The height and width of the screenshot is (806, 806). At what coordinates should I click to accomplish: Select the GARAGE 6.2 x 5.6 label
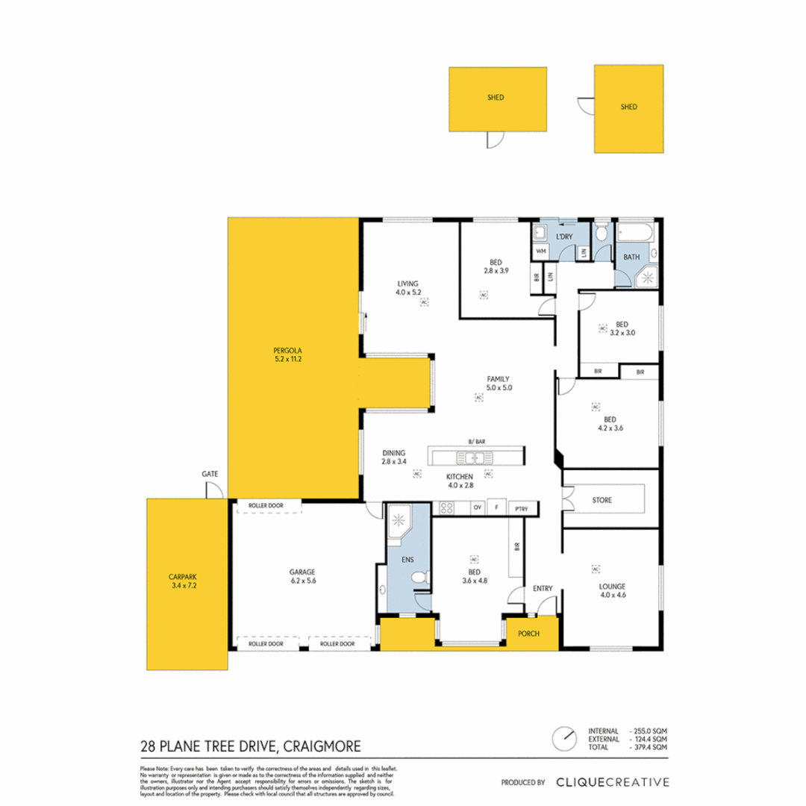click(302, 576)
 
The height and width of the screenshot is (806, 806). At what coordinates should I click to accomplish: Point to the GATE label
click(210, 474)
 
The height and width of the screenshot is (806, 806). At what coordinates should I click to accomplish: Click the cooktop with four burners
click(447, 508)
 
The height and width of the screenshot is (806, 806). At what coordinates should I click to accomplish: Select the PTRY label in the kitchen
click(521, 509)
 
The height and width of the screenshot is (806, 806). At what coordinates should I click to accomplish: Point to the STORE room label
click(602, 500)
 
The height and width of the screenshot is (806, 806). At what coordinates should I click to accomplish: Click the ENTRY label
click(542, 588)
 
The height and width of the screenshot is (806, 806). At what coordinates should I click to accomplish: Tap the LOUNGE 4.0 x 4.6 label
click(611, 590)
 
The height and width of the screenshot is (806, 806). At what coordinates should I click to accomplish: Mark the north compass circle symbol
click(565, 738)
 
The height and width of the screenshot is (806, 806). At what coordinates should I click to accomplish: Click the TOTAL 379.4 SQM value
click(649, 746)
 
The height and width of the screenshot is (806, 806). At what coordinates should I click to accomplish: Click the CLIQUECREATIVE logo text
click(612, 782)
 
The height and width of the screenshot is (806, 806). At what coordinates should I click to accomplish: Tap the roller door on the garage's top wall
click(269, 507)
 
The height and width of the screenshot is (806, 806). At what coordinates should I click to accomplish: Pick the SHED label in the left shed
click(494, 97)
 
